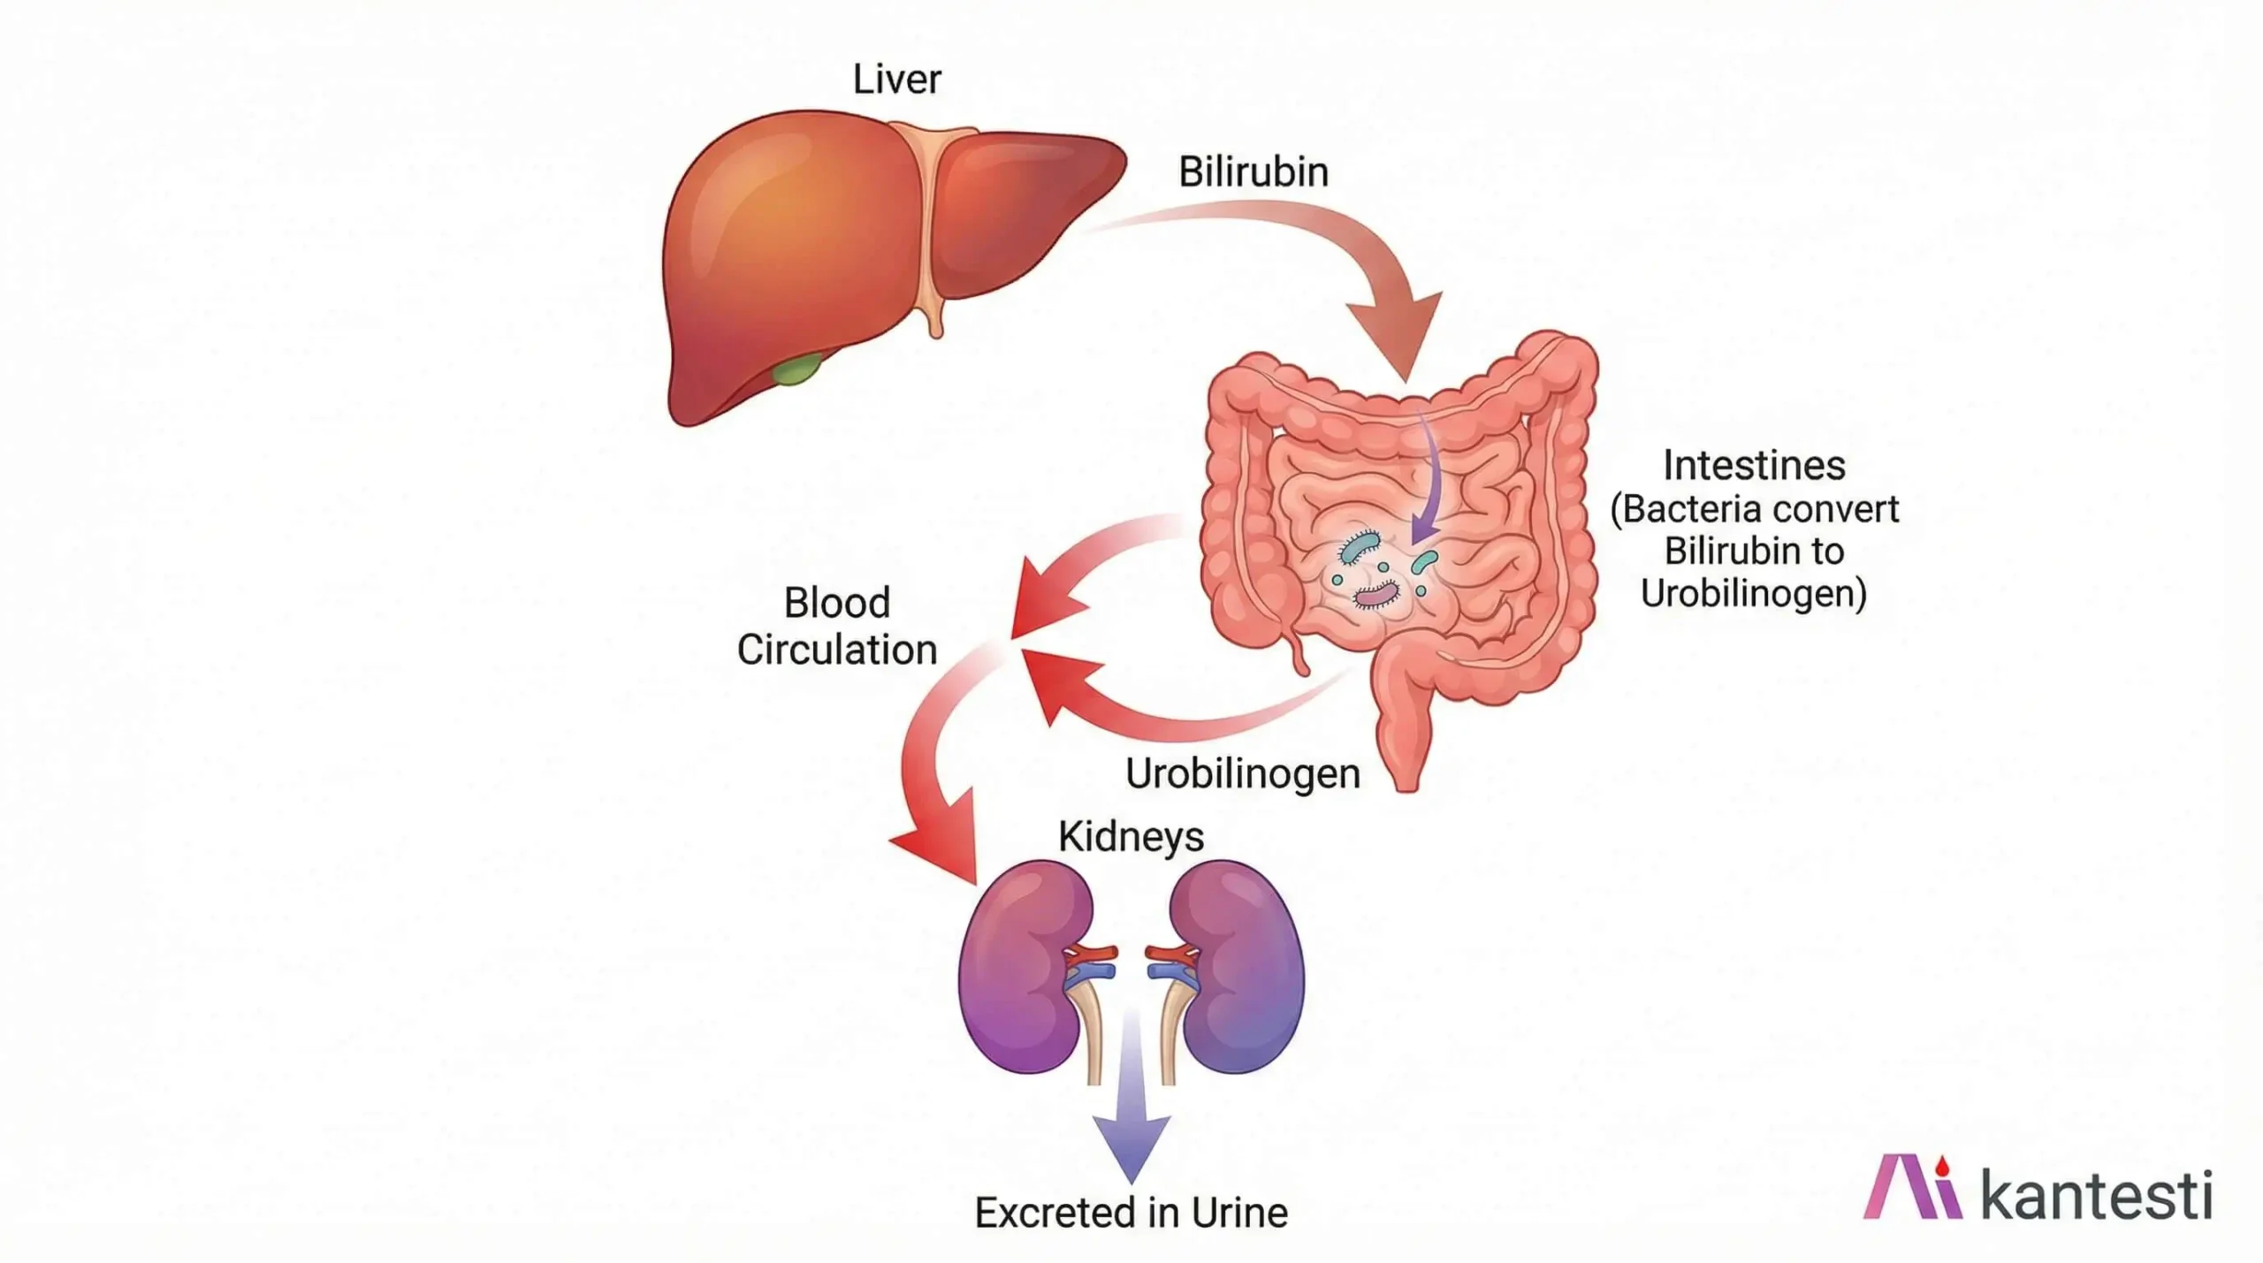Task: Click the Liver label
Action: [x=896, y=80]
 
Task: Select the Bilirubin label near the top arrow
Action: [x=1253, y=172]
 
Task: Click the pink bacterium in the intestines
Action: [x=1376, y=595]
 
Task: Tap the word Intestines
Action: [x=1754, y=466]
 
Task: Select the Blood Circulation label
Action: [x=836, y=627]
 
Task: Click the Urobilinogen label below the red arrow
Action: [x=1242, y=774]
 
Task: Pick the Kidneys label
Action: [x=1131, y=836]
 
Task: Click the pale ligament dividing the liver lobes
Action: [x=925, y=221]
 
